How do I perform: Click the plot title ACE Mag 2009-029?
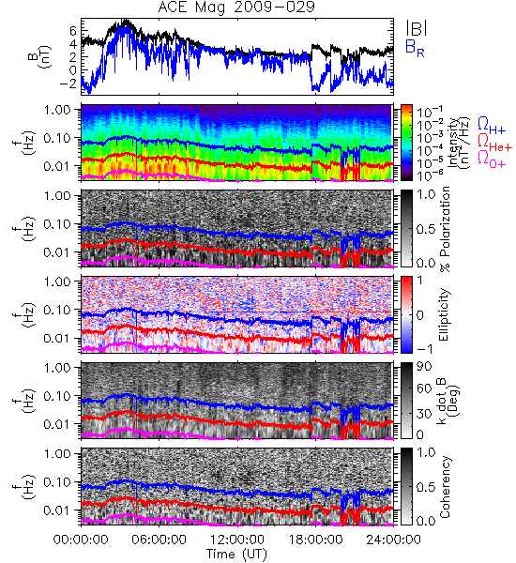pyautogui.click(x=236, y=8)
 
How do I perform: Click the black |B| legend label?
pyautogui.click(x=417, y=27)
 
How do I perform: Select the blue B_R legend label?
pyautogui.click(x=415, y=48)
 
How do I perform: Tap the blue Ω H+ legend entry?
pyautogui.click(x=492, y=126)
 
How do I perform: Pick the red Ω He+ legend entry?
pyautogui.click(x=494, y=142)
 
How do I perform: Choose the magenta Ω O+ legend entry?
pyautogui.click(x=492, y=159)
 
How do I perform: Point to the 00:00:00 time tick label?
pyautogui.click(x=81, y=540)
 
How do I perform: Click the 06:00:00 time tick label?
pyautogui.click(x=159, y=540)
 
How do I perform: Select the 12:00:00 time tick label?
pyautogui.click(x=237, y=540)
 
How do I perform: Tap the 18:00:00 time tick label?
pyautogui.click(x=315, y=540)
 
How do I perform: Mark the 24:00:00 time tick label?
pyautogui.click(x=393, y=540)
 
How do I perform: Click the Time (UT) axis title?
pyautogui.click(x=236, y=554)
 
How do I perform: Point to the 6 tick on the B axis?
pyautogui.click(x=73, y=31)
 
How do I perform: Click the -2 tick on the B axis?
pyautogui.click(x=68, y=84)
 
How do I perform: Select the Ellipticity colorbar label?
pyautogui.click(x=444, y=314)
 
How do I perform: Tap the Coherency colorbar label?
pyautogui.click(x=445, y=487)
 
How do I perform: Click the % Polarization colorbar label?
pyautogui.click(x=445, y=229)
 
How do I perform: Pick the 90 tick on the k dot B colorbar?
pyautogui.click(x=424, y=366)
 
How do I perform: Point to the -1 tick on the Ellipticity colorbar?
pyautogui.click(x=424, y=349)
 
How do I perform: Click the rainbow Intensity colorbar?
pyautogui.click(x=406, y=143)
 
